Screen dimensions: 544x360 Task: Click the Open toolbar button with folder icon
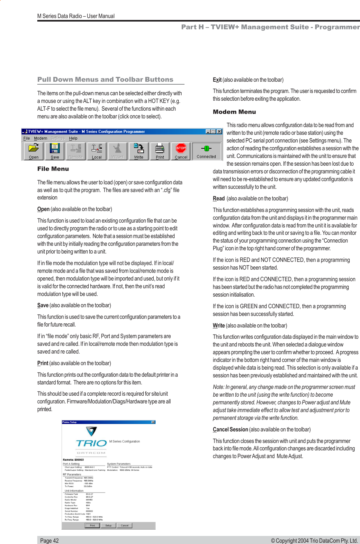pyautogui.click(x=33, y=151)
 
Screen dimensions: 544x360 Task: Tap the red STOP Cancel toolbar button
pyautogui.click(x=181, y=151)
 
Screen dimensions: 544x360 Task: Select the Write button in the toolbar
pyautogui.click(x=139, y=151)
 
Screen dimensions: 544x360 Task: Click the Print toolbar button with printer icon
pyautogui.click(x=160, y=151)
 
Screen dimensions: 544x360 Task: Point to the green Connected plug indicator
pyautogui.click(x=206, y=151)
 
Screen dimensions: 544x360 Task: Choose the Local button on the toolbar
pyautogui.click(x=96, y=151)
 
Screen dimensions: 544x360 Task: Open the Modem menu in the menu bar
pyautogui.click(x=40, y=138)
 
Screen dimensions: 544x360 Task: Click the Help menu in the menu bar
pyautogui.click(x=73, y=138)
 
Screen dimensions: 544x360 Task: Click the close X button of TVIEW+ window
pyautogui.click(x=219, y=132)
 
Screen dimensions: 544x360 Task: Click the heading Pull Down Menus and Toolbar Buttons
pyautogui.click(x=105, y=79)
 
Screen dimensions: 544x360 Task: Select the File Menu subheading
pyautogui.click(x=53, y=169)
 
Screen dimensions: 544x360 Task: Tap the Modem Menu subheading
pyautogui.click(x=234, y=112)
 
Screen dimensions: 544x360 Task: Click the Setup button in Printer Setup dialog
pyautogui.click(x=108, y=526)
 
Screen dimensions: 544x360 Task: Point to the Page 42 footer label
pyautogui.click(x=50, y=540)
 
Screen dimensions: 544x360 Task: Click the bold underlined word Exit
pyautogui.click(x=217, y=80)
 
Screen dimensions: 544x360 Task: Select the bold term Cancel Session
pyautogui.click(x=230, y=429)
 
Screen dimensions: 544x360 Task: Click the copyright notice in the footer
pyautogui.click(x=314, y=540)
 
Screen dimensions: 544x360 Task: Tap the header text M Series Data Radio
pyautogui.click(x=76, y=16)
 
